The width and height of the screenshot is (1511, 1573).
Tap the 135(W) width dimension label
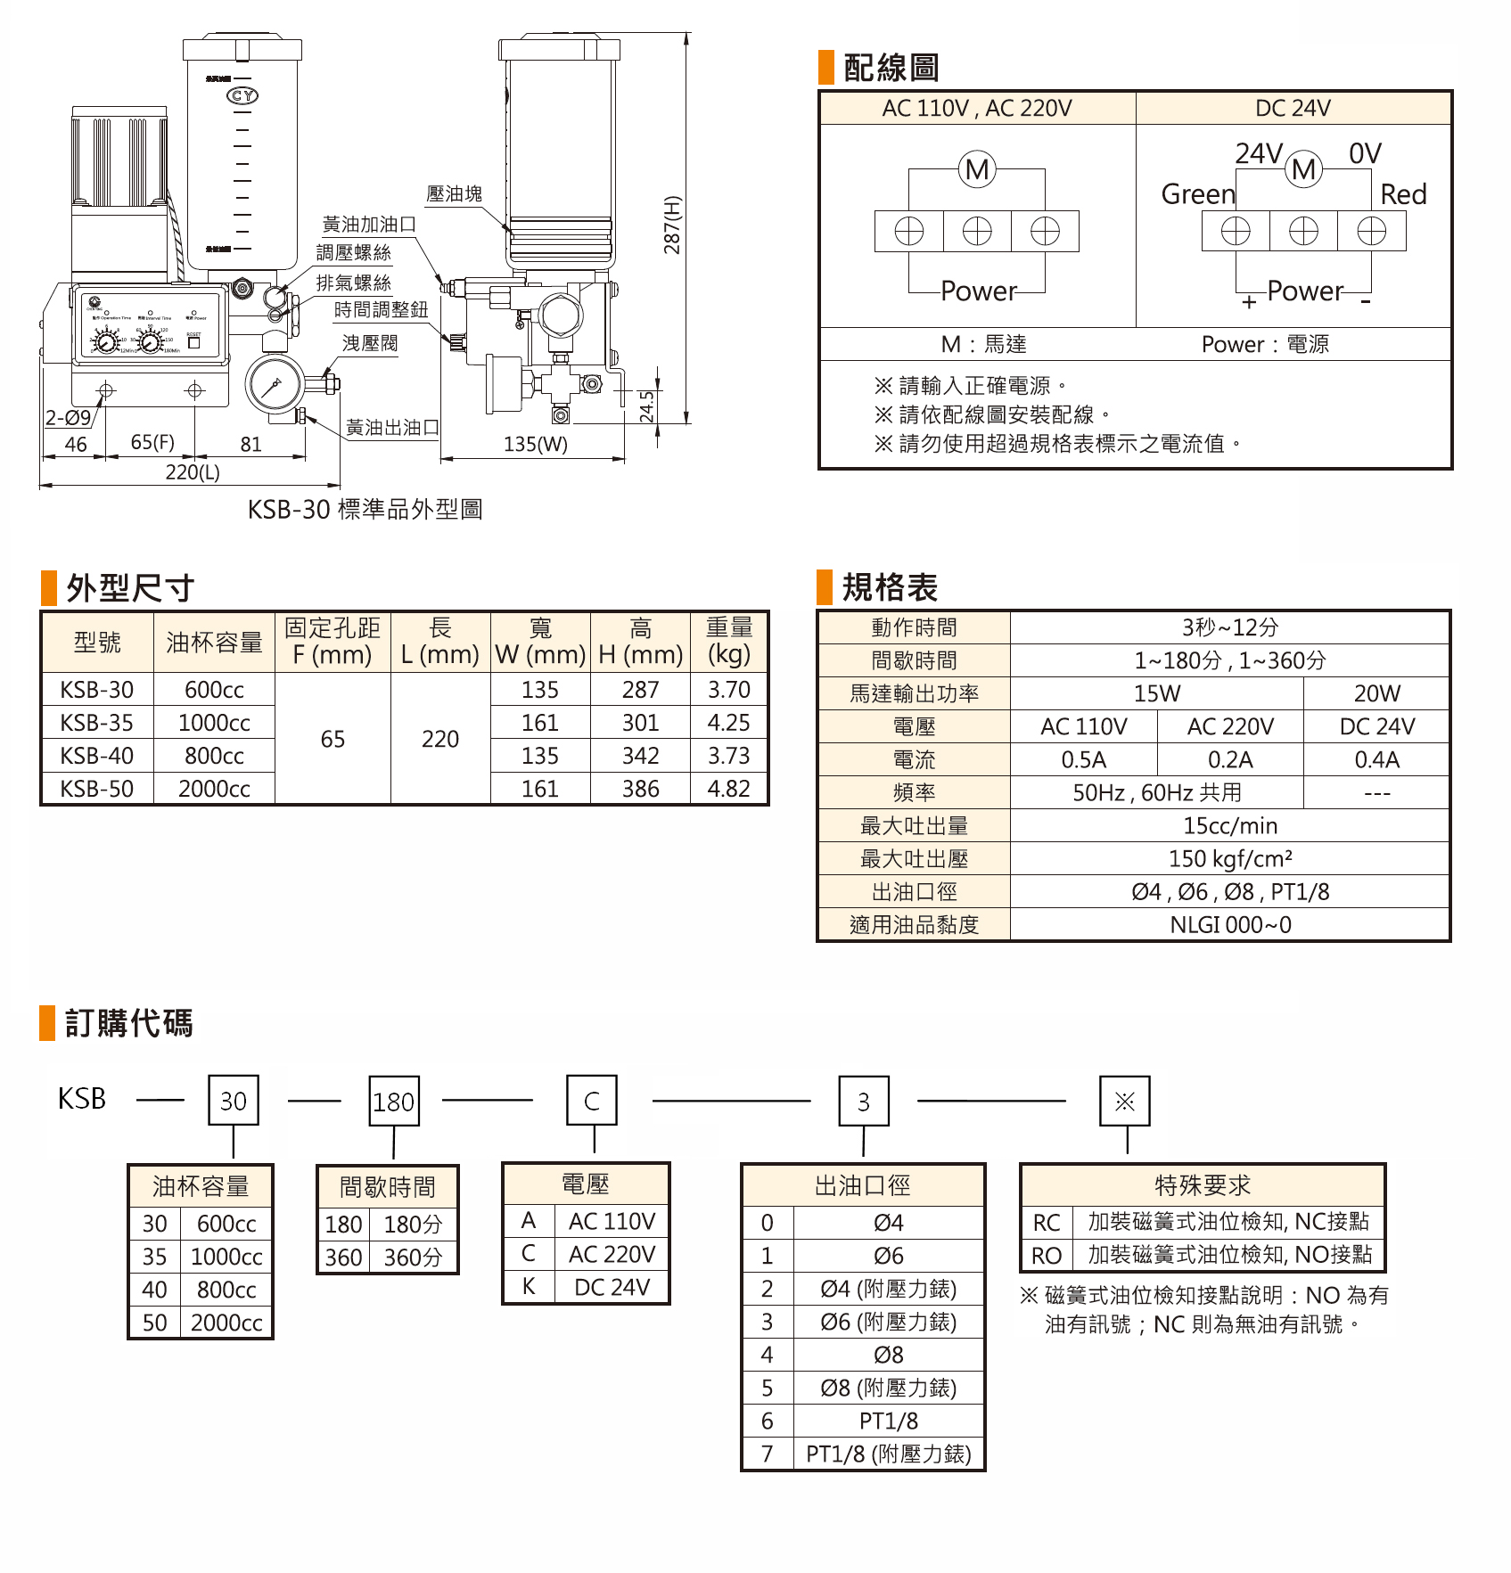tap(535, 444)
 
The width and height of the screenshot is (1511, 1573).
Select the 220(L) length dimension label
tap(193, 472)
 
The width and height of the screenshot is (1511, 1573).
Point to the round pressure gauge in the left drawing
tap(273, 385)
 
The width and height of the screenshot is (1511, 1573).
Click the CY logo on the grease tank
tap(243, 95)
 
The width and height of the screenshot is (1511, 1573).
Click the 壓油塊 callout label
tap(455, 193)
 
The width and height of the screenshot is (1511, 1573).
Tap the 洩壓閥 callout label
tap(370, 343)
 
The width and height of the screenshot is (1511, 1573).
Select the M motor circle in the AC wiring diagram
tap(977, 169)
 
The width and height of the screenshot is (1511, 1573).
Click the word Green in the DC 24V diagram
tap(1198, 194)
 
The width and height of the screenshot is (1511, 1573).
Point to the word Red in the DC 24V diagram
tap(1403, 194)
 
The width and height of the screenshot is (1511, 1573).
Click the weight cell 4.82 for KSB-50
tap(728, 789)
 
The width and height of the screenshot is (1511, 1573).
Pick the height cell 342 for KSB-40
tap(640, 756)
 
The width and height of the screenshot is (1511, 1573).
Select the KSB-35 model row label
tap(97, 723)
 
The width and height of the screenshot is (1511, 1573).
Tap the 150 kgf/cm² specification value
tap(1230, 859)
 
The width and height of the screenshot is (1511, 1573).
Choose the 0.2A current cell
tap(1230, 760)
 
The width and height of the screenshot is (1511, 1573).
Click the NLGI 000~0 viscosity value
tap(1230, 925)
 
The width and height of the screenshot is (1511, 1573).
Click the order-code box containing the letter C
tap(592, 1102)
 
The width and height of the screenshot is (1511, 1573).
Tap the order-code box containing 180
tap(393, 1102)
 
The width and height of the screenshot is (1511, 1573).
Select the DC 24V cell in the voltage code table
tap(612, 1287)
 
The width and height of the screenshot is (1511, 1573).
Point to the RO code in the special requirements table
tap(1047, 1256)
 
